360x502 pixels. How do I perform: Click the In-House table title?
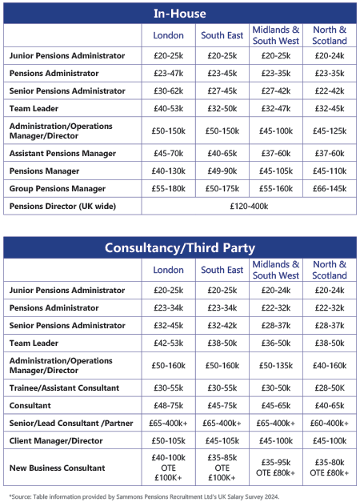(x=179, y=14)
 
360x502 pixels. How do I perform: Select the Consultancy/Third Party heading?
(x=179, y=247)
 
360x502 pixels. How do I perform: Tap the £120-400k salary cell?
(x=249, y=206)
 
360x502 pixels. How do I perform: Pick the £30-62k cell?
(x=169, y=90)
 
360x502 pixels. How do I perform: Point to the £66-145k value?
(x=330, y=188)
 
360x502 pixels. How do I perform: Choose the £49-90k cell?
(x=222, y=171)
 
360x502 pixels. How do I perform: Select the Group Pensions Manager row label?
(x=58, y=188)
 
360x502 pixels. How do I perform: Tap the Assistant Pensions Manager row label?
(x=62, y=153)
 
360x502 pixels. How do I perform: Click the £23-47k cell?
(x=169, y=73)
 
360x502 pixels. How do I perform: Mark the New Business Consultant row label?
(x=58, y=467)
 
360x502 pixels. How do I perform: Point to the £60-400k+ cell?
(x=330, y=423)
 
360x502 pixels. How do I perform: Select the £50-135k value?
(x=276, y=365)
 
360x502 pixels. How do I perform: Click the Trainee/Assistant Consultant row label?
(x=64, y=388)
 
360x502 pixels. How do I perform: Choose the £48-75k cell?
(x=169, y=405)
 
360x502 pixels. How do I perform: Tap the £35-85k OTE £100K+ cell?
(x=222, y=467)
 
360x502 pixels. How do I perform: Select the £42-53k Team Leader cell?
(x=169, y=343)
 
